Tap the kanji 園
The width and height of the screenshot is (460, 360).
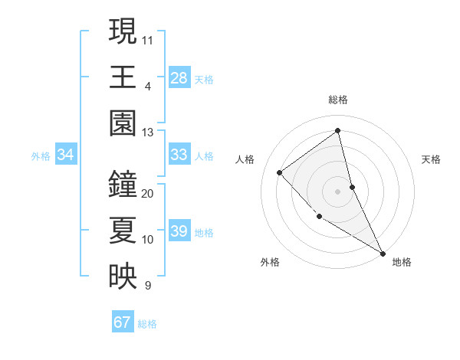(x=122, y=122)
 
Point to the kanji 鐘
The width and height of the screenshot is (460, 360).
(x=122, y=183)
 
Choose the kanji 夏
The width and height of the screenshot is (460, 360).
(x=122, y=230)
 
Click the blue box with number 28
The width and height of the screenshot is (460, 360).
(x=179, y=77)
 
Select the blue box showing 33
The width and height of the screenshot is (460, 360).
(x=179, y=155)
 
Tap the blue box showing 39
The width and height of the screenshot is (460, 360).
(x=179, y=232)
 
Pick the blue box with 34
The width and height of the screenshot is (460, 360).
(x=65, y=155)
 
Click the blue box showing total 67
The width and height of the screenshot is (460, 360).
(x=122, y=322)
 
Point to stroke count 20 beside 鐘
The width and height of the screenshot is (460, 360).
(x=148, y=193)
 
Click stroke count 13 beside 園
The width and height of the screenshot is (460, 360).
(x=148, y=132)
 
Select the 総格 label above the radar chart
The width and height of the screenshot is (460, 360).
(x=337, y=100)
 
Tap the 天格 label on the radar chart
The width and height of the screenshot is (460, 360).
(x=432, y=159)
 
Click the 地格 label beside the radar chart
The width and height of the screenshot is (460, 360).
(x=402, y=262)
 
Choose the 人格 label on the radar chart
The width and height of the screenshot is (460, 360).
(x=245, y=159)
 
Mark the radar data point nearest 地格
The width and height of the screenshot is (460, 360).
(x=382, y=253)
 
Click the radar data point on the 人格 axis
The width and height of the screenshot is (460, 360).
(x=280, y=172)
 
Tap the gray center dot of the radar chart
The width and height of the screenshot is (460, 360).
(x=337, y=191)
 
